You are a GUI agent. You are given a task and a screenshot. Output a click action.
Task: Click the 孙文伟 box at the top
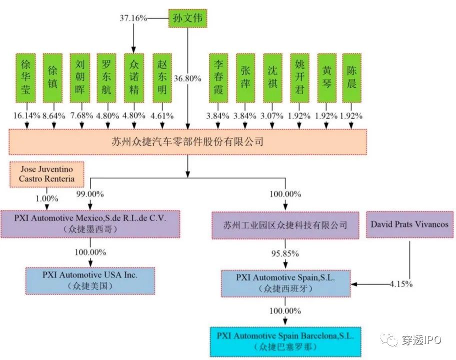tap(187, 18)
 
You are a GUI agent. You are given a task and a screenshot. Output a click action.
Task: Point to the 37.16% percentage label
tap(133, 18)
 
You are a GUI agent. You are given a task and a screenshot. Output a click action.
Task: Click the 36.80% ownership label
tap(187, 78)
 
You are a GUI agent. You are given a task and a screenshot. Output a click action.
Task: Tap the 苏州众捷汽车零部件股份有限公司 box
tap(187, 142)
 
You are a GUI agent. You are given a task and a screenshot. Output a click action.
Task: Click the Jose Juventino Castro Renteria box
tap(46, 174)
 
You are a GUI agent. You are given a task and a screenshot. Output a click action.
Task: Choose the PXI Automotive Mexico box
tap(90, 223)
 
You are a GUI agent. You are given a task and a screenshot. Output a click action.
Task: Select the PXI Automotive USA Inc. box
tap(90, 280)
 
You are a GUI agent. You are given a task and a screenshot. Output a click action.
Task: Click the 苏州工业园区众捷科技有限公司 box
tap(285, 225)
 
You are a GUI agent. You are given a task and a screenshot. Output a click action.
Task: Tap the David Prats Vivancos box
tap(409, 224)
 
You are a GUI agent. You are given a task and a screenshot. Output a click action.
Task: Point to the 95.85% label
tap(285, 253)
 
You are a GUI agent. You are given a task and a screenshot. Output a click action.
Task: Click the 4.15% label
tap(401, 284)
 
